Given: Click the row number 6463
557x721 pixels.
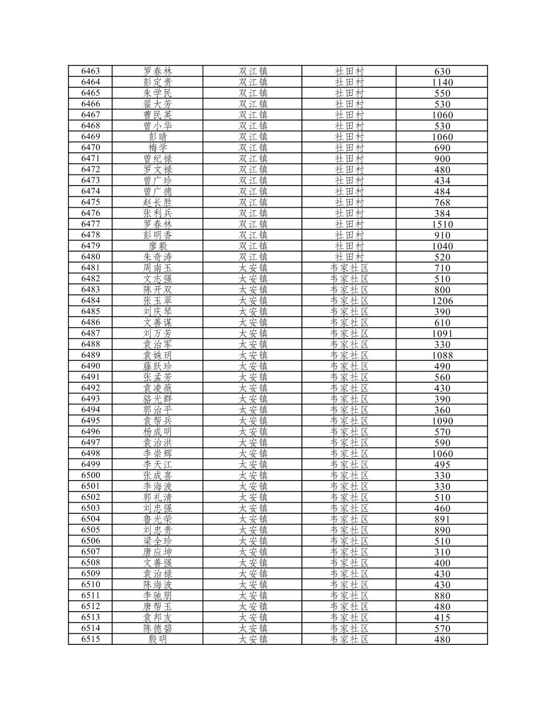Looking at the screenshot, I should (x=90, y=71).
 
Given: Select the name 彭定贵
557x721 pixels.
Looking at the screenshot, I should (x=157, y=82).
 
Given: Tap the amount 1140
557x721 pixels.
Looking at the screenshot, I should (x=442, y=82).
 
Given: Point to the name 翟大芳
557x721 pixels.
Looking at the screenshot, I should (x=157, y=104).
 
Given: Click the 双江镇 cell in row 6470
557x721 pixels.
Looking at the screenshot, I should (x=253, y=148).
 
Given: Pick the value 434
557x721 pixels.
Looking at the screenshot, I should (x=442, y=181).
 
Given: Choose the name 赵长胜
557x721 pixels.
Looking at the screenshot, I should (x=157, y=202).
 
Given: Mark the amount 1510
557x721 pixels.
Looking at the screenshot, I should (x=442, y=224).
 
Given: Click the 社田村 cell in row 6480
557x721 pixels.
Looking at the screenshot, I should (x=349, y=257).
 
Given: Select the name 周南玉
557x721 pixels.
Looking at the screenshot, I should (x=157, y=268).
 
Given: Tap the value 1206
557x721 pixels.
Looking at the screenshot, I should (x=442, y=301).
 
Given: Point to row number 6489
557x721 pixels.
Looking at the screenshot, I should (x=90, y=355).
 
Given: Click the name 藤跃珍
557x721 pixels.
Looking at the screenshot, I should (x=157, y=366).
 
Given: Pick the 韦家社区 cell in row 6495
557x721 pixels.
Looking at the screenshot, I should (x=349, y=420).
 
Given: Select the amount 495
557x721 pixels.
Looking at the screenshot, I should (x=442, y=464).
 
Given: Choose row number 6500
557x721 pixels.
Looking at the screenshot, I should (x=90, y=475).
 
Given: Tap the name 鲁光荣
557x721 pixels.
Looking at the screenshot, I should (x=157, y=519).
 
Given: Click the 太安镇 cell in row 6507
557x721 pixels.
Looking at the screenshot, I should (x=253, y=552).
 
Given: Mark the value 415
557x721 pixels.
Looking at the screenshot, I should (x=442, y=618).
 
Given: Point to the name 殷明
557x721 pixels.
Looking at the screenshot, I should (x=157, y=639).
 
